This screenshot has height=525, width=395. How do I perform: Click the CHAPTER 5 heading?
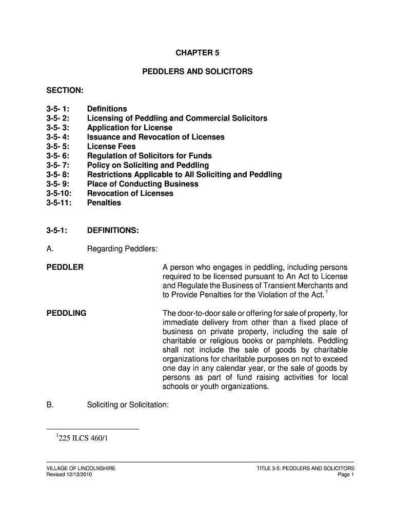[197, 53]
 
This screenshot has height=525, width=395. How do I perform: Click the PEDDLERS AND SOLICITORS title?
[197, 71]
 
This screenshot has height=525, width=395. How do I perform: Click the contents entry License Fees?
[111, 147]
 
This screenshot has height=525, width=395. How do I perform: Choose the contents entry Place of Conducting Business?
[143, 184]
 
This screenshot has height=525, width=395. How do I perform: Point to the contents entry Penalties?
[104, 203]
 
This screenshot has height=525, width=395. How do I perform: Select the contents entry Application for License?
[130, 128]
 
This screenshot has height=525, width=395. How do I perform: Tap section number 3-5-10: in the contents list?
[59, 193]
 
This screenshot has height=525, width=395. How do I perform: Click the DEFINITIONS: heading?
[113, 230]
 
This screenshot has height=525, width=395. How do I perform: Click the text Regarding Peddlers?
[122, 249]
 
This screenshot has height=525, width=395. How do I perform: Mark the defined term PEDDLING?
[66, 313]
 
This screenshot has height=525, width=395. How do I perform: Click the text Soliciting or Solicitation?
[128, 405]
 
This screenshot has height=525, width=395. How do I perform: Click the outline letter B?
[50, 405]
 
